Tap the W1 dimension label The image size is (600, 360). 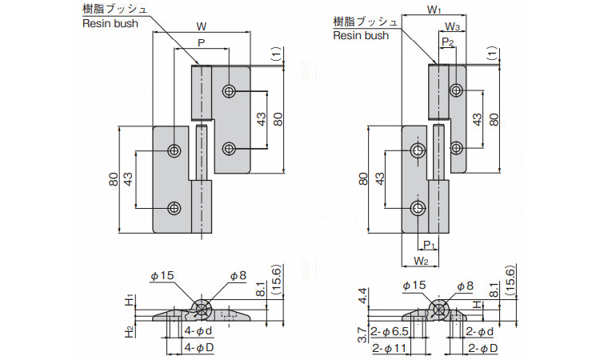click(433, 10)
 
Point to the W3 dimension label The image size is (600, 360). click(451, 26)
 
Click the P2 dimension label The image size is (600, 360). click(447, 41)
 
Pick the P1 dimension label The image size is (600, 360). click(428, 245)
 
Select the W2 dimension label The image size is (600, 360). click(422, 261)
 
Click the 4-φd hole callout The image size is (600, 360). click(198, 330)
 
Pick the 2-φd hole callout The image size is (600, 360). click(479, 332)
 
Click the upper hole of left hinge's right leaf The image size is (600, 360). click(230, 91)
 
